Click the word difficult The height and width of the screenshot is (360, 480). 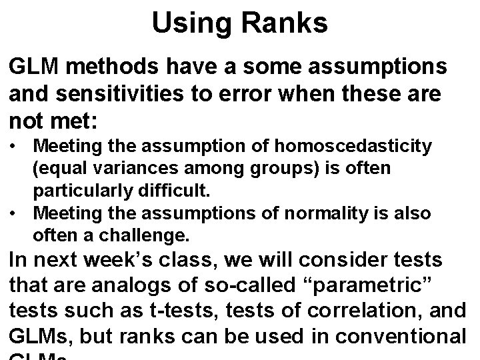click(171, 190)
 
